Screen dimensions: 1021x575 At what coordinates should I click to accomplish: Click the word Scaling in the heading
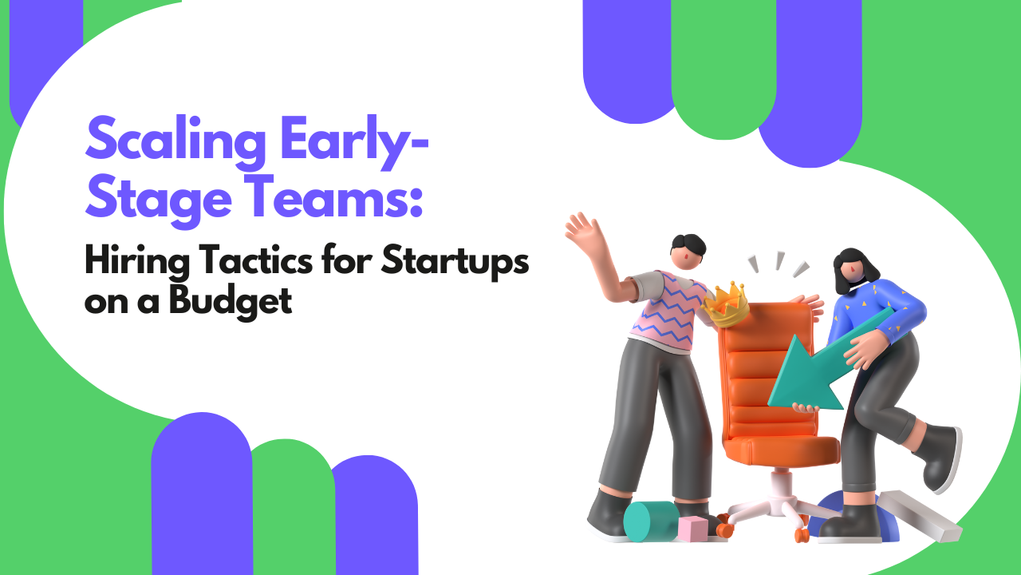[x=175, y=140]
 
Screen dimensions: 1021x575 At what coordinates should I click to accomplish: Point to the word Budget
[x=231, y=301]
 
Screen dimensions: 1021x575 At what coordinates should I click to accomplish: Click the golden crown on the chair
[x=727, y=304]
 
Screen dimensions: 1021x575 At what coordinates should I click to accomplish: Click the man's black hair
[x=688, y=245]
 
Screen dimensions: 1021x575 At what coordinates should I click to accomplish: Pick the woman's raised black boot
[x=939, y=458]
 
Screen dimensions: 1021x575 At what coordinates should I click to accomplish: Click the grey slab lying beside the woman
[x=920, y=515]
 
